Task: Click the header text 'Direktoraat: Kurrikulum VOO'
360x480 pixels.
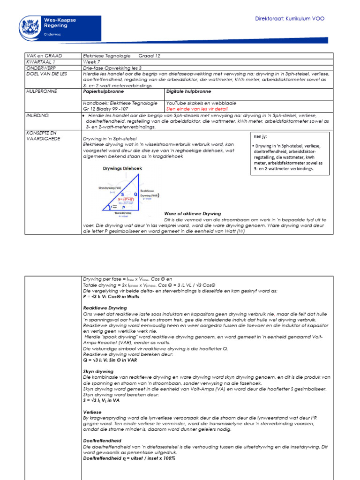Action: point(289,19)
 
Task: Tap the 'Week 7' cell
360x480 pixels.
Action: point(91,61)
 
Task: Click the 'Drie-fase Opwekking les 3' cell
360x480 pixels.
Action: point(107,67)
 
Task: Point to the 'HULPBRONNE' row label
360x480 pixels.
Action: point(41,91)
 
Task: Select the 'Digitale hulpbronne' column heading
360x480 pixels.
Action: point(189,91)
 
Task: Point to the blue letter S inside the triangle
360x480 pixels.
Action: point(123,193)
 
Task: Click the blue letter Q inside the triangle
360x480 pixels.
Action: point(135,194)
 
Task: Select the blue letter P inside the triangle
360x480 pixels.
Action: point(124,207)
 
